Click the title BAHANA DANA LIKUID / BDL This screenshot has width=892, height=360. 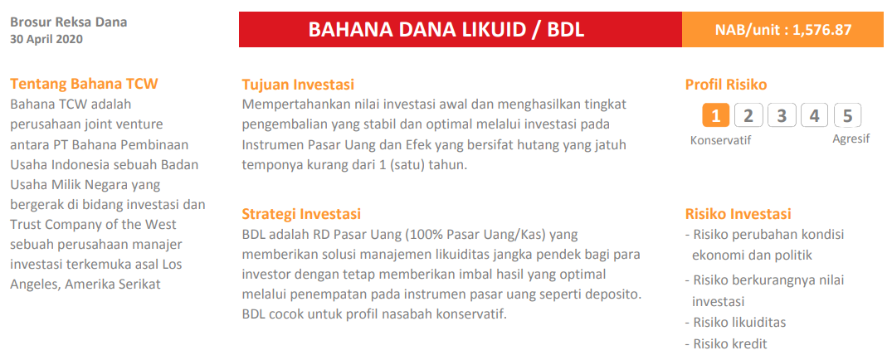(x=446, y=30)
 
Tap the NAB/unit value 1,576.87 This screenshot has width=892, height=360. (x=822, y=30)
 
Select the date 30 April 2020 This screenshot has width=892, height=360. (x=46, y=39)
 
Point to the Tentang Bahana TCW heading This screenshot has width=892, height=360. (x=84, y=84)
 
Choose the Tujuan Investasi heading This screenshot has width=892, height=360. (x=298, y=84)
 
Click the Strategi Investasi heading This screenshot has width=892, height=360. (x=301, y=214)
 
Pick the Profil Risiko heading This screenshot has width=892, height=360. (x=726, y=84)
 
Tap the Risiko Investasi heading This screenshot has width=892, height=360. (x=738, y=214)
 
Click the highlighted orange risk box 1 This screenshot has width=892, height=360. (x=715, y=115)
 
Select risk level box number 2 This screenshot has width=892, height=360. (x=748, y=115)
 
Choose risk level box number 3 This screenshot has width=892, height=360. (x=782, y=115)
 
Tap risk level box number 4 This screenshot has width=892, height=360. (x=814, y=115)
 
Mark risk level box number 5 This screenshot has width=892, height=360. (x=847, y=115)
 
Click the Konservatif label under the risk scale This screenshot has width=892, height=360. (x=720, y=140)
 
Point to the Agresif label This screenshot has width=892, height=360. (x=851, y=139)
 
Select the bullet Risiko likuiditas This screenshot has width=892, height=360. (x=738, y=322)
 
